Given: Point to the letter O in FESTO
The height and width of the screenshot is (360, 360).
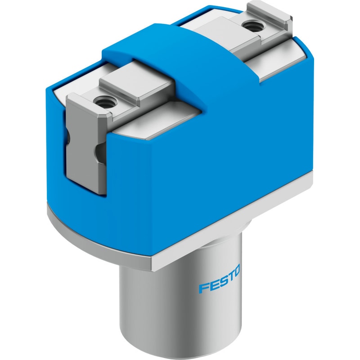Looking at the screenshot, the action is coord(236,271).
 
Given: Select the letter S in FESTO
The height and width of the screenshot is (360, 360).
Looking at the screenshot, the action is coord(220,280).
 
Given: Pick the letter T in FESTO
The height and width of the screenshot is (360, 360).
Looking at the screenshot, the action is coord(228,275).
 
